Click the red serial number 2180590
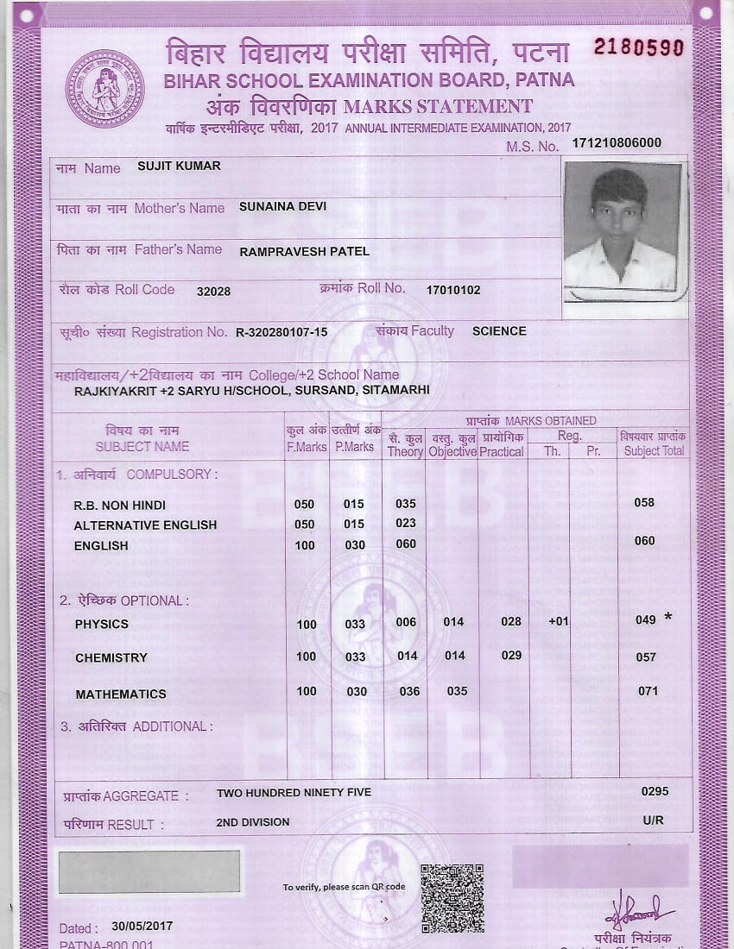click(x=638, y=47)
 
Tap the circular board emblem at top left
click(x=105, y=89)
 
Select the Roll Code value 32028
click(x=213, y=292)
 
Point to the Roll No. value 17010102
click(x=453, y=291)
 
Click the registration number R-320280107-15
click(x=282, y=332)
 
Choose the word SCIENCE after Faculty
click(x=499, y=331)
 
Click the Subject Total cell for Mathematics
click(x=648, y=691)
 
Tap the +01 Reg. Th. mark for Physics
click(x=559, y=621)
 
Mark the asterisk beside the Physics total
click(x=668, y=618)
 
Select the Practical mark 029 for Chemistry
click(x=511, y=656)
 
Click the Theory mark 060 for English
click(x=406, y=544)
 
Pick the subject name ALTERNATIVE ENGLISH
click(x=145, y=525)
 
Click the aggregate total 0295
click(x=655, y=791)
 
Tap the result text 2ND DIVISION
click(x=253, y=822)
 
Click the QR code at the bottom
click(x=452, y=898)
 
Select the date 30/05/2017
click(x=142, y=927)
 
